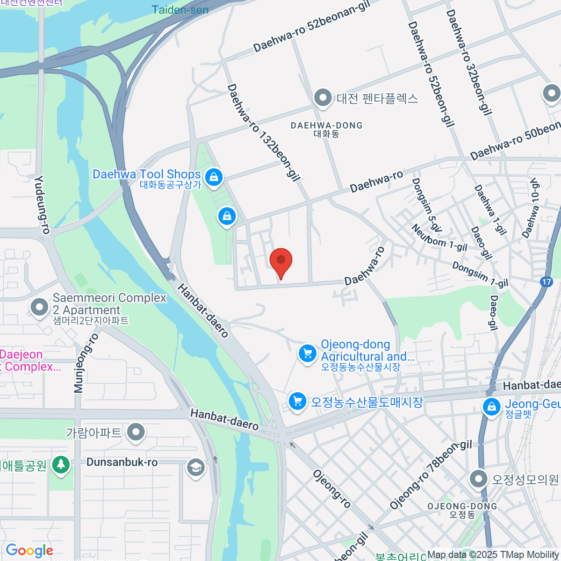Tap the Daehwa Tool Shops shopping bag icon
(214, 177)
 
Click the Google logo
(29, 551)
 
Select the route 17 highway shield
(546, 282)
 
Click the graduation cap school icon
(195, 467)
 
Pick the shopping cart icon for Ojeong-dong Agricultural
(308, 353)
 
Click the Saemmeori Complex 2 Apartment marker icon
(39, 307)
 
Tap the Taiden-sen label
(180, 9)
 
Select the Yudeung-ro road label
(42, 204)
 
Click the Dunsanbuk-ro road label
(122, 462)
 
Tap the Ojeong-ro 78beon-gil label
(431, 475)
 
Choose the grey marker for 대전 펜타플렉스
(323, 98)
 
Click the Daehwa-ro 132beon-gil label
(264, 132)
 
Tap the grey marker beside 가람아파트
(136, 432)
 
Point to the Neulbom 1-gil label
(439, 238)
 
